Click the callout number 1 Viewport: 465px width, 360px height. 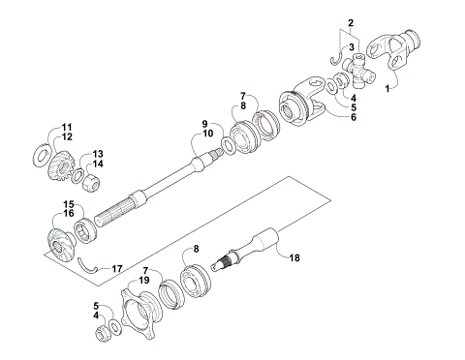(387, 88)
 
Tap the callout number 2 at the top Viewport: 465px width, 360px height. (351, 23)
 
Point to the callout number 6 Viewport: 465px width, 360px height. (354, 117)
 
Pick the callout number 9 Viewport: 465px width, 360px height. (204, 124)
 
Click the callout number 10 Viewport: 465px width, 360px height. (208, 133)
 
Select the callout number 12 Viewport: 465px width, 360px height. (67, 136)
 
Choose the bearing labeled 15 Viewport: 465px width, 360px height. (85, 230)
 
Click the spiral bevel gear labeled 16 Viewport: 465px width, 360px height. (60, 247)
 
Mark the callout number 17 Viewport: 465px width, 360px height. (117, 269)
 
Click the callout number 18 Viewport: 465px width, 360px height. (294, 257)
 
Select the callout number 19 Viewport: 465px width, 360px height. (144, 280)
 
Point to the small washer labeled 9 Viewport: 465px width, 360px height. (229, 145)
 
